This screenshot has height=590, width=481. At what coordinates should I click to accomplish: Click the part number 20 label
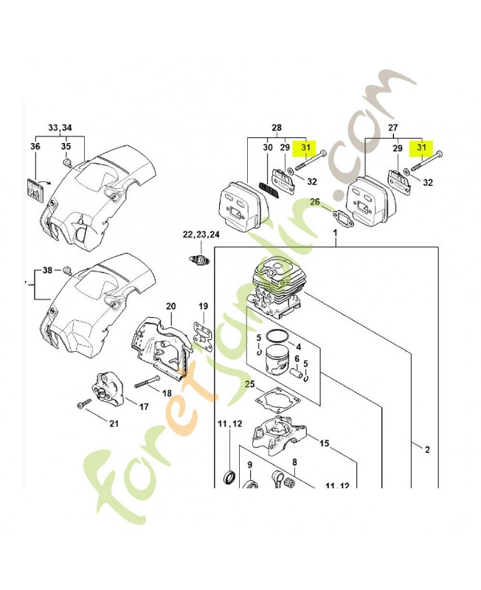[170, 306]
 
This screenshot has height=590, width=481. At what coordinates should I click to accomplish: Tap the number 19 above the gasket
[203, 306]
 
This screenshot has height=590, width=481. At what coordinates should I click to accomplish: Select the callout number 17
[144, 407]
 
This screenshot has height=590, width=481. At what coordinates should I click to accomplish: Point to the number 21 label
[114, 423]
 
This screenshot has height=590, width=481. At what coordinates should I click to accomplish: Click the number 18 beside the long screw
[167, 393]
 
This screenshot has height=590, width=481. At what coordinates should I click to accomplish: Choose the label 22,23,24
[201, 235]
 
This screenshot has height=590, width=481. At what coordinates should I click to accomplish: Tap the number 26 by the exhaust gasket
[315, 202]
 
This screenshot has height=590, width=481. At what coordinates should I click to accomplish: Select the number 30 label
[268, 147]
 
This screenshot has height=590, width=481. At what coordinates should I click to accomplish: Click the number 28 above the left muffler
[277, 128]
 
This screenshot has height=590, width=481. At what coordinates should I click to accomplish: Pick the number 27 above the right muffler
[393, 128]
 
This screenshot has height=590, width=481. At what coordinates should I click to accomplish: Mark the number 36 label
[35, 145]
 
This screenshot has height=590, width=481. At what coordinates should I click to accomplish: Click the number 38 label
[47, 270]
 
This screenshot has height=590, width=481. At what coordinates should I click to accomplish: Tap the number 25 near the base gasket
[250, 384]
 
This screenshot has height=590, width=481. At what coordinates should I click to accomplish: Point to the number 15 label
[324, 444]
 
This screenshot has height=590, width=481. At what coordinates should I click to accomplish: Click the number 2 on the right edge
[427, 449]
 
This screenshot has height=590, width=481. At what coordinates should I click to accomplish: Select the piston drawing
[282, 361]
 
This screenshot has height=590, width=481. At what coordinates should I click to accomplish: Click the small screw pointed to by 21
[83, 403]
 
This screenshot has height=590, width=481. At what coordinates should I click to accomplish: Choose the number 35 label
[66, 145]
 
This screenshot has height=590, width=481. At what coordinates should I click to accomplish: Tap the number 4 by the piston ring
[299, 347]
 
